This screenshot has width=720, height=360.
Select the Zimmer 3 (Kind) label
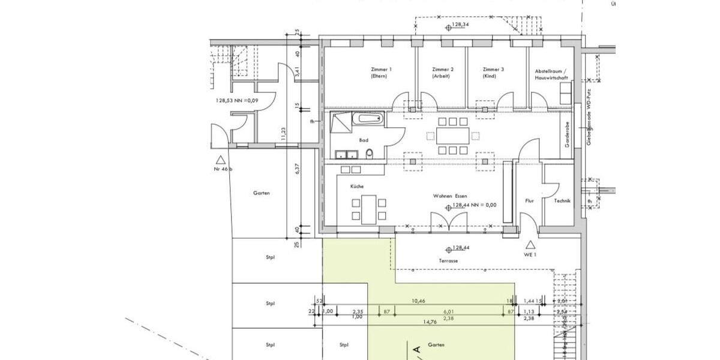tap(493, 73)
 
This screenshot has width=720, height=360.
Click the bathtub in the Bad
tap(367, 118)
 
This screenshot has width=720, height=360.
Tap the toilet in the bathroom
tap(369, 154)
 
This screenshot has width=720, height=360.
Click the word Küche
tap(357, 187)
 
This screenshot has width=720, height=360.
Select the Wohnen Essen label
tap(451, 196)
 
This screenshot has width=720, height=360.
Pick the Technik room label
tap(562, 201)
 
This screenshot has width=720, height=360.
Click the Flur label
tap(529, 201)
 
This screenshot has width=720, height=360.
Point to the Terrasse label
tap(448, 261)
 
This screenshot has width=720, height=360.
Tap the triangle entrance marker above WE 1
tap(530, 244)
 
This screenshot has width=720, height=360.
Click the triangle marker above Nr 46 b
tap(221, 160)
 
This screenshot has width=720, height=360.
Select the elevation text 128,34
tap(460, 25)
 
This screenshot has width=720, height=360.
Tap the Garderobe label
tap(567, 136)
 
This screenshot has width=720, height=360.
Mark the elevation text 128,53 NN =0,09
tap(236, 100)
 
